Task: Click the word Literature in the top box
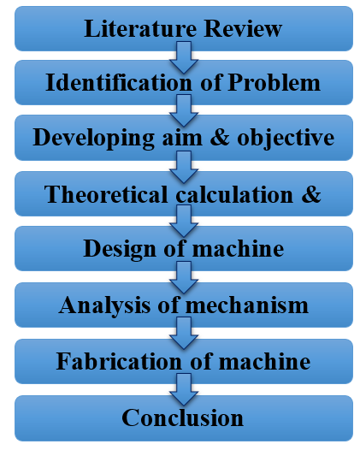140,29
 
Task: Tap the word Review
243,29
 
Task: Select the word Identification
119,82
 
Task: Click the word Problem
274,82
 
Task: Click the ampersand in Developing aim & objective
220,137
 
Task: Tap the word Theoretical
106,194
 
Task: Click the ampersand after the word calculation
311,194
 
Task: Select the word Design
120,250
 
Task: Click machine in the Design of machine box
238,248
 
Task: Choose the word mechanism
247,305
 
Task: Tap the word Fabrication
119,361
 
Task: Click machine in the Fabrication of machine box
264,361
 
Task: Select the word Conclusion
183,417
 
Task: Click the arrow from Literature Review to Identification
184,57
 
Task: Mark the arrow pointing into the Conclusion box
184,389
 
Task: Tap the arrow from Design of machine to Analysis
184,277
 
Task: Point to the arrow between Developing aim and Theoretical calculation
184,168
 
